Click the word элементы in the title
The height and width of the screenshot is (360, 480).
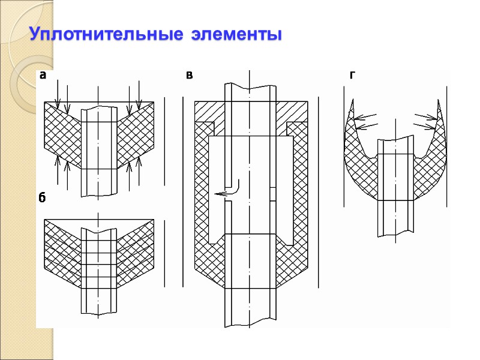[236, 34]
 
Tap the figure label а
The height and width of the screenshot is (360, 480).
[43, 76]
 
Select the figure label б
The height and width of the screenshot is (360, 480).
[43, 199]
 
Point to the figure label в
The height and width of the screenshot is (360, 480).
[190, 76]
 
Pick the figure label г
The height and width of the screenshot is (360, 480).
[352, 76]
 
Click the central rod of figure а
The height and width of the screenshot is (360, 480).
[98, 150]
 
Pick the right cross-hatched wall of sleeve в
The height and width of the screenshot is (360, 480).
[300, 192]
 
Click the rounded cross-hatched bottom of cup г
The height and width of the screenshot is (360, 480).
[395, 183]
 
